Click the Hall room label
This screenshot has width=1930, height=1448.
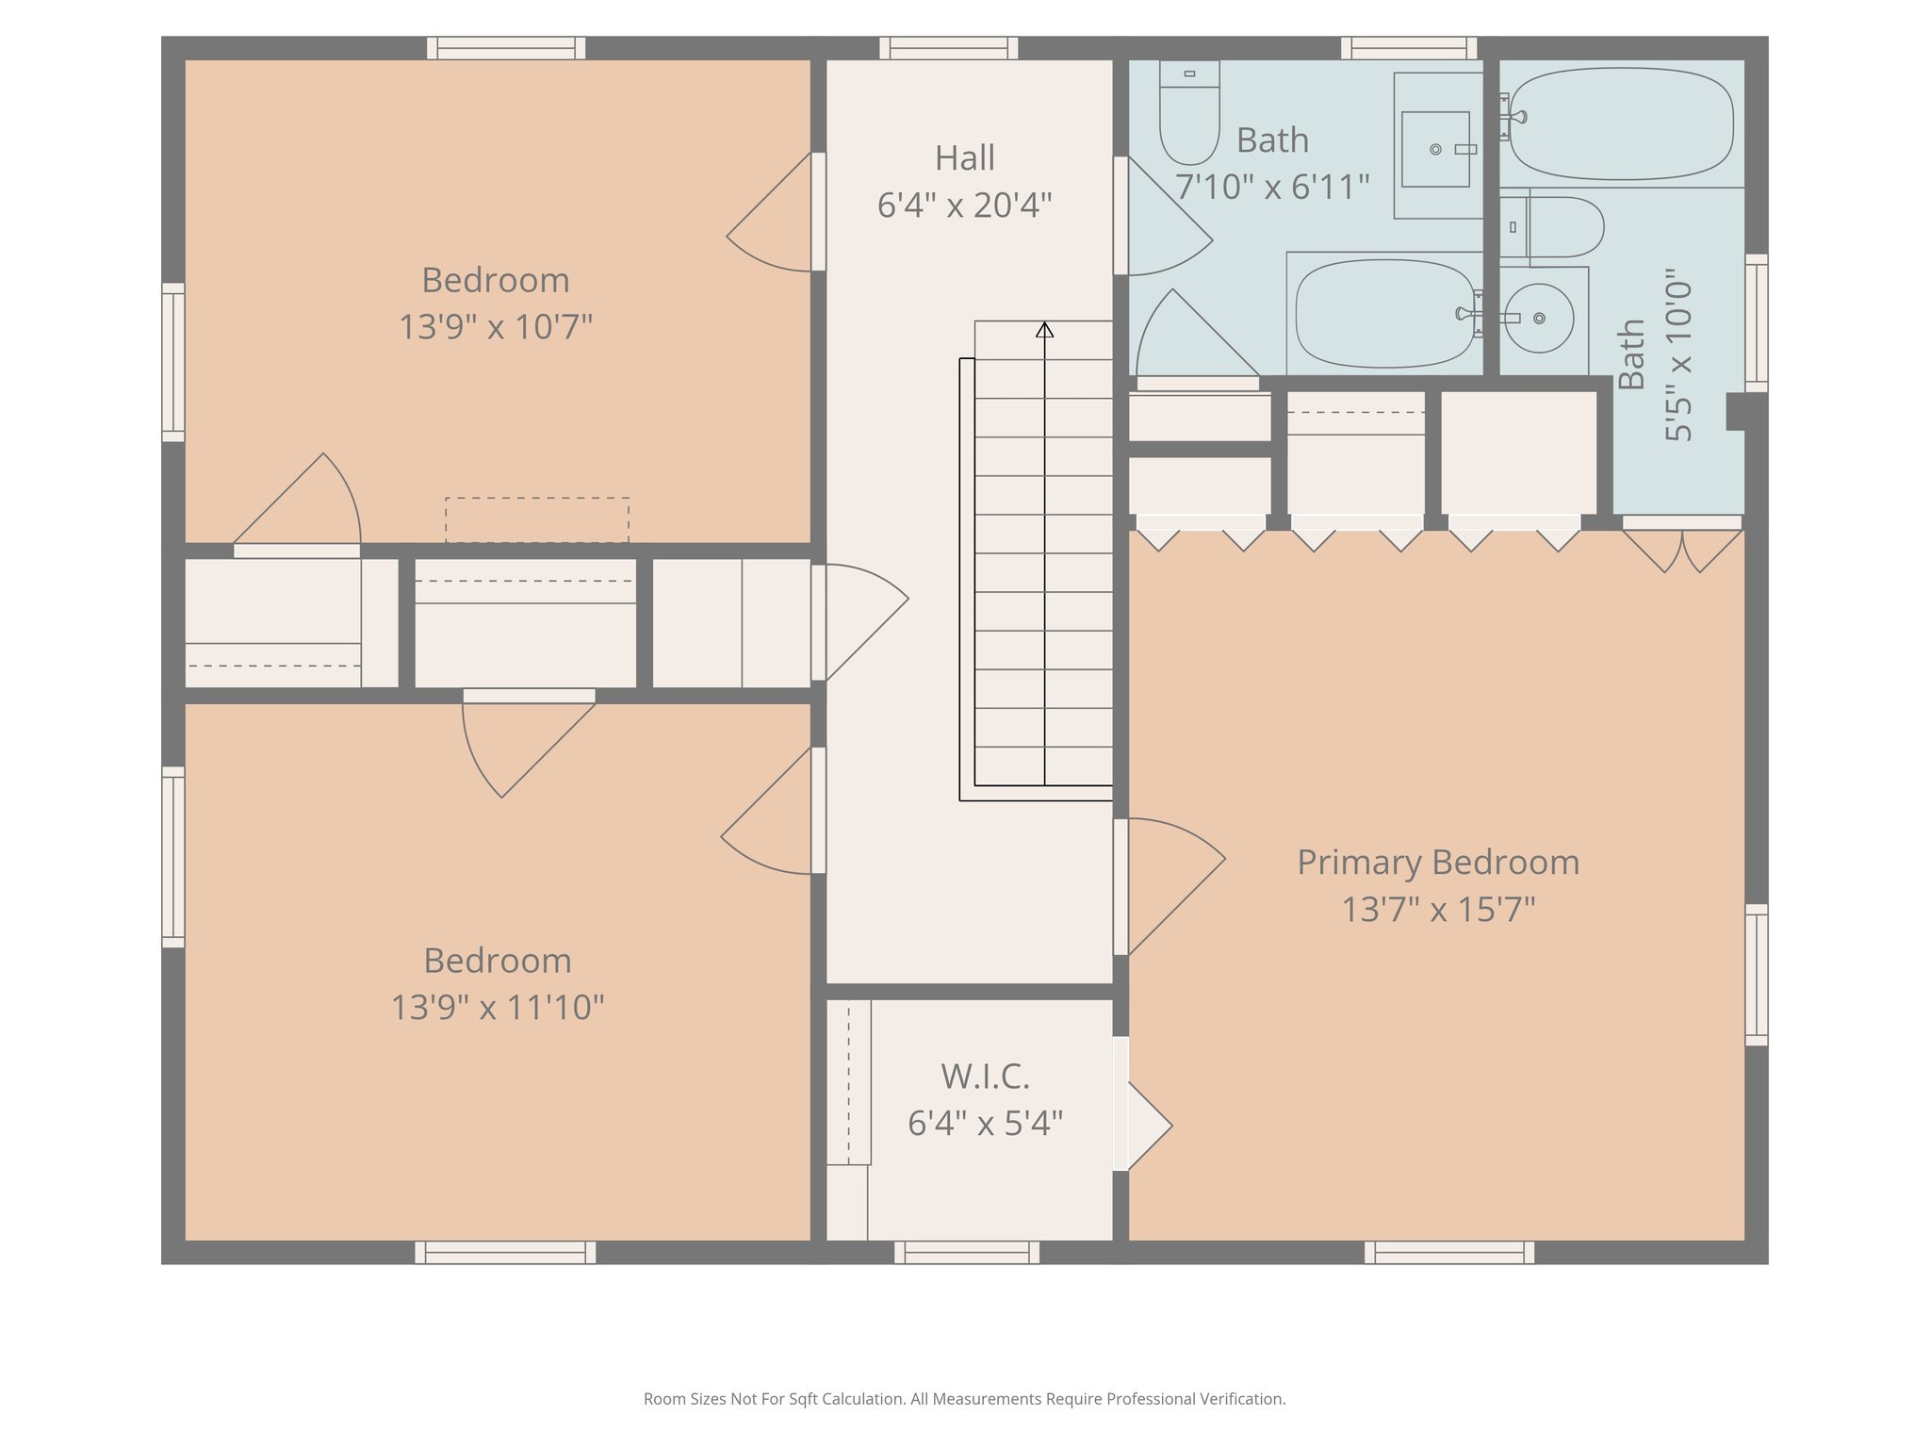(964, 158)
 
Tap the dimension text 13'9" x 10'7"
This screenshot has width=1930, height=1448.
(496, 327)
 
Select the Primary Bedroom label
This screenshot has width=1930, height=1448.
(1438, 863)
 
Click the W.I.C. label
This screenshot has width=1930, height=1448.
(985, 1077)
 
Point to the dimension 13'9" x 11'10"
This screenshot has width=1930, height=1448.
(497, 1008)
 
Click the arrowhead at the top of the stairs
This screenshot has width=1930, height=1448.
(1044, 330)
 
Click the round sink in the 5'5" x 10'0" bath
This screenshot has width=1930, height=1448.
(1538, 319)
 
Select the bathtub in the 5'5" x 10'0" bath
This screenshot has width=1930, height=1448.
(1621, 123)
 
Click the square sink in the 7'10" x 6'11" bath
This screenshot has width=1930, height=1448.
(1435, 149)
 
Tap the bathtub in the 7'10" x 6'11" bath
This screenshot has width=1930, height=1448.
(1383, 314)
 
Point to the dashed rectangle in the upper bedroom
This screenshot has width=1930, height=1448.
(537, 519)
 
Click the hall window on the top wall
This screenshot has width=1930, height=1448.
(949, 48)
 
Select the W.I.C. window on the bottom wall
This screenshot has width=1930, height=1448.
(967, 1253)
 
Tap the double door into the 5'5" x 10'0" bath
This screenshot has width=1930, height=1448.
(1682, 547)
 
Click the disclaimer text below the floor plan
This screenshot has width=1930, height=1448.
(964, 1399)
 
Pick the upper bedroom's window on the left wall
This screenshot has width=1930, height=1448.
(173, 362)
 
